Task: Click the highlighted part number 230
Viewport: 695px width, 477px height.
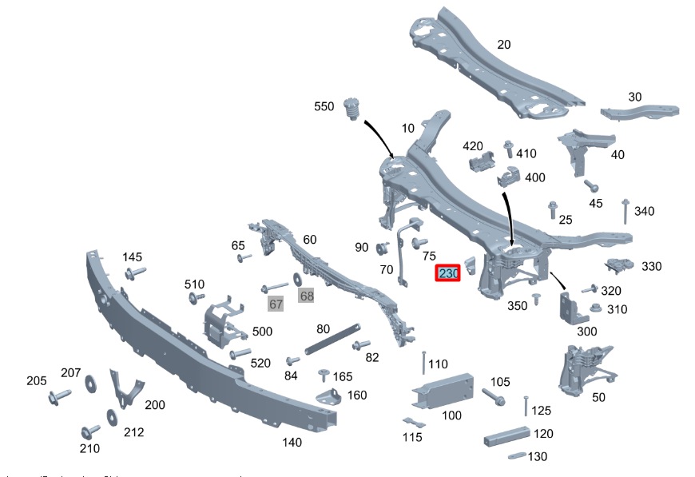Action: [x=448, y=273]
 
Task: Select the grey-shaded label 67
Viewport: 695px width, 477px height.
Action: [x=276, y=304]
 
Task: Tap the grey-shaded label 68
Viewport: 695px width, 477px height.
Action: [x=307, y=296]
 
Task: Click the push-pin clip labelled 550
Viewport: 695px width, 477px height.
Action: [x=348, y=108]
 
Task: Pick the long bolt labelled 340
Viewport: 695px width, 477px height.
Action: [x=625, y=213]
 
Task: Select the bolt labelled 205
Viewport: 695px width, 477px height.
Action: [x=59, y=396]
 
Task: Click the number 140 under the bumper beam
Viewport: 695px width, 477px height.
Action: [x=292, y=441]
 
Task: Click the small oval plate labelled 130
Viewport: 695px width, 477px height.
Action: [x=516, y=456]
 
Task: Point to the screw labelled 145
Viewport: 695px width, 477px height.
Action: [x=133, y=274]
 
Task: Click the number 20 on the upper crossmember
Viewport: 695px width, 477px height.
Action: [x=503, y=45]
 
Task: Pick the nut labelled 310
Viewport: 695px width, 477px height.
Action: [x=594, y=308]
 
